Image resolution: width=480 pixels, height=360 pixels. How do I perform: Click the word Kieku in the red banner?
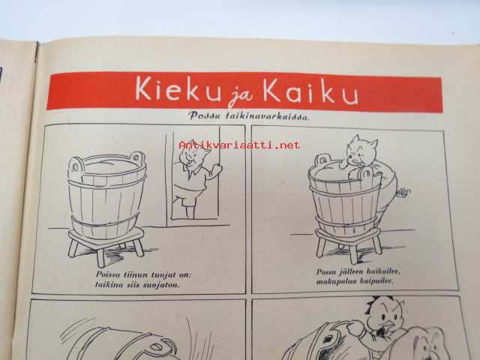pos(178,88)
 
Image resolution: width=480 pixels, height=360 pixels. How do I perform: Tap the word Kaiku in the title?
pos(310,91)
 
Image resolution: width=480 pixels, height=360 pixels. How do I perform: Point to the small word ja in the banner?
pos(241,97)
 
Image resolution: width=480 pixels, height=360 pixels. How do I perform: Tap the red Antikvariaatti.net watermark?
pos(239,145)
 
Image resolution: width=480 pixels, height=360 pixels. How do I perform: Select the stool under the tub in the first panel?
pos(106,245)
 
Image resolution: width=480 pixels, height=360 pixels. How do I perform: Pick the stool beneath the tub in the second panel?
pos(349,243)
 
